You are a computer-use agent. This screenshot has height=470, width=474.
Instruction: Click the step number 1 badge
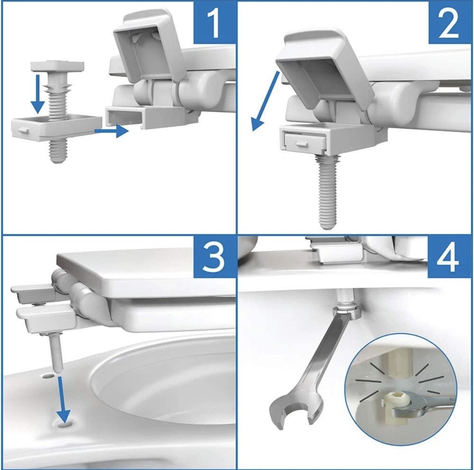pyautogui.click(x=215, y=23)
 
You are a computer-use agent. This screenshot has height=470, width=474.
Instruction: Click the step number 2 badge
pyautogui.click(x=451, y=23)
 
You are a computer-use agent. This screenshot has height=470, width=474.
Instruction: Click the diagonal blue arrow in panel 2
pyautogui.click(x=265, y=101)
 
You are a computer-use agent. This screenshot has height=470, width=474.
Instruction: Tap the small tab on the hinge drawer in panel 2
pyautogui.click(x=304, y=144)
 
